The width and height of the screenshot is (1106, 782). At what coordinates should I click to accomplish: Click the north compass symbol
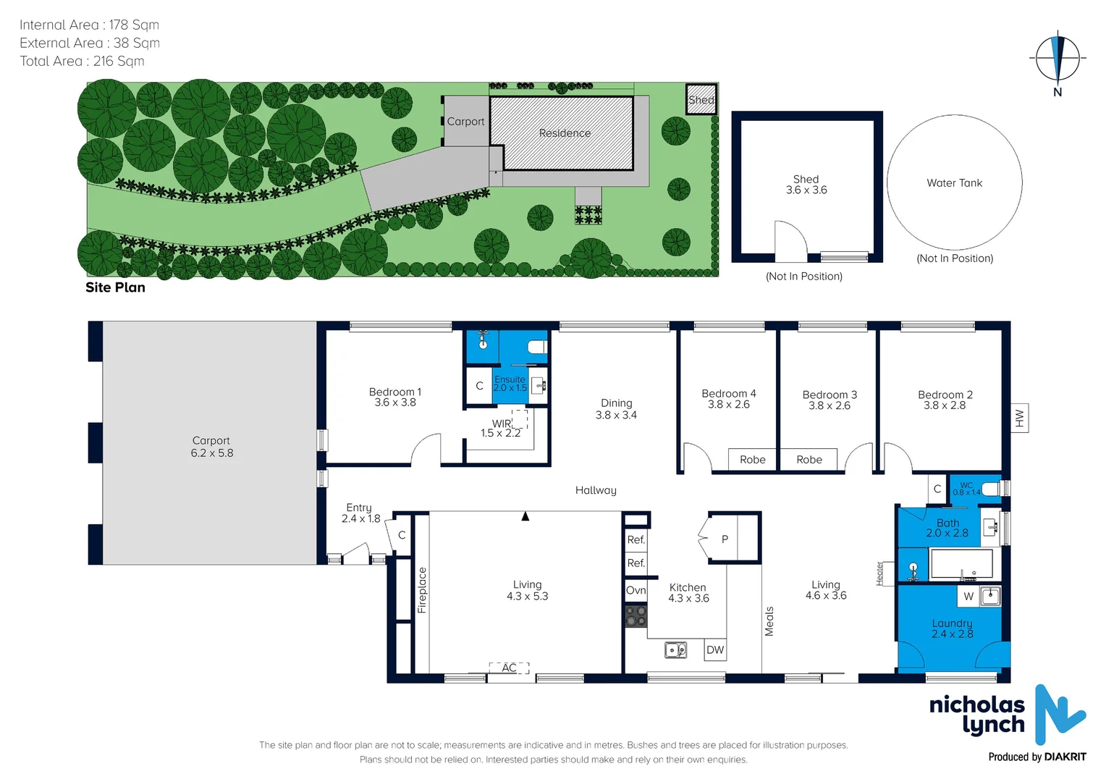1058,58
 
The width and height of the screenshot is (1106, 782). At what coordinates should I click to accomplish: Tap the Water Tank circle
954,182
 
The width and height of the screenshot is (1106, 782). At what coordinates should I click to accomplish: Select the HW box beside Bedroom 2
1019,418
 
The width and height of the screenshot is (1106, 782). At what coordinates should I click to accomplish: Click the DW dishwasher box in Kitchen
715,649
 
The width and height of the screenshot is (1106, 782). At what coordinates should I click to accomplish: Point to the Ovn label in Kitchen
636,590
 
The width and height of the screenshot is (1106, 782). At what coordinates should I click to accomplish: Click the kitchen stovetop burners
636,616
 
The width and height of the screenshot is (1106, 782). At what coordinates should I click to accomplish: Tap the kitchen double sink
676,649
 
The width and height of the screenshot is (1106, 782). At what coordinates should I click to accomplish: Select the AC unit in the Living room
509,668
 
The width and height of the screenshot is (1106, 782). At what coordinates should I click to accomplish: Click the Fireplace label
422,590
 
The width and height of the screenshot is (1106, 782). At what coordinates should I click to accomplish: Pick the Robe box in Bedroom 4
753,460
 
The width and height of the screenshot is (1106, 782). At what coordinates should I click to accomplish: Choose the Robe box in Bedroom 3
809,460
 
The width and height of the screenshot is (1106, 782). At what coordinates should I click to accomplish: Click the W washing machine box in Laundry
968,597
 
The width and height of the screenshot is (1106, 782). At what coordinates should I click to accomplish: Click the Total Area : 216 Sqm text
82,62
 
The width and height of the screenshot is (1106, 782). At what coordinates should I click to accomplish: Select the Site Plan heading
115,287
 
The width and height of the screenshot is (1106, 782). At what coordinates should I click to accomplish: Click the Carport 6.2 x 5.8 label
211,447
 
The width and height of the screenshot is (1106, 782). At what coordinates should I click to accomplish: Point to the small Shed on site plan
701,100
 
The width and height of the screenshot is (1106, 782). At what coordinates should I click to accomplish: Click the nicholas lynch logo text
977,715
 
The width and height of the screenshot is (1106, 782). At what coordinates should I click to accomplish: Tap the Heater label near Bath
880,573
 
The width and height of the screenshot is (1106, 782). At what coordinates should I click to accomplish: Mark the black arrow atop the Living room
525,516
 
